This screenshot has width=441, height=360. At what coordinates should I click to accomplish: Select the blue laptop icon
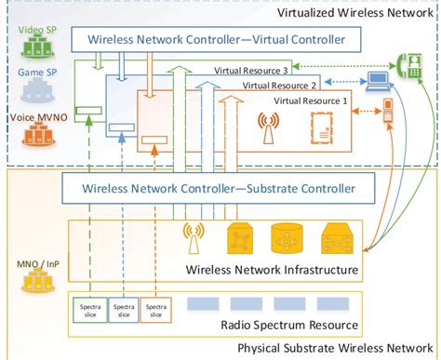(378, 82)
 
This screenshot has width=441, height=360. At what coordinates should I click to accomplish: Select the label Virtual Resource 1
(311, 99)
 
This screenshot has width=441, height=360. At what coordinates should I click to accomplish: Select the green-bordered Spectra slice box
(88, 309)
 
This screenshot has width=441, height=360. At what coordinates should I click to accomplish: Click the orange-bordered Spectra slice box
(154, 309)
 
